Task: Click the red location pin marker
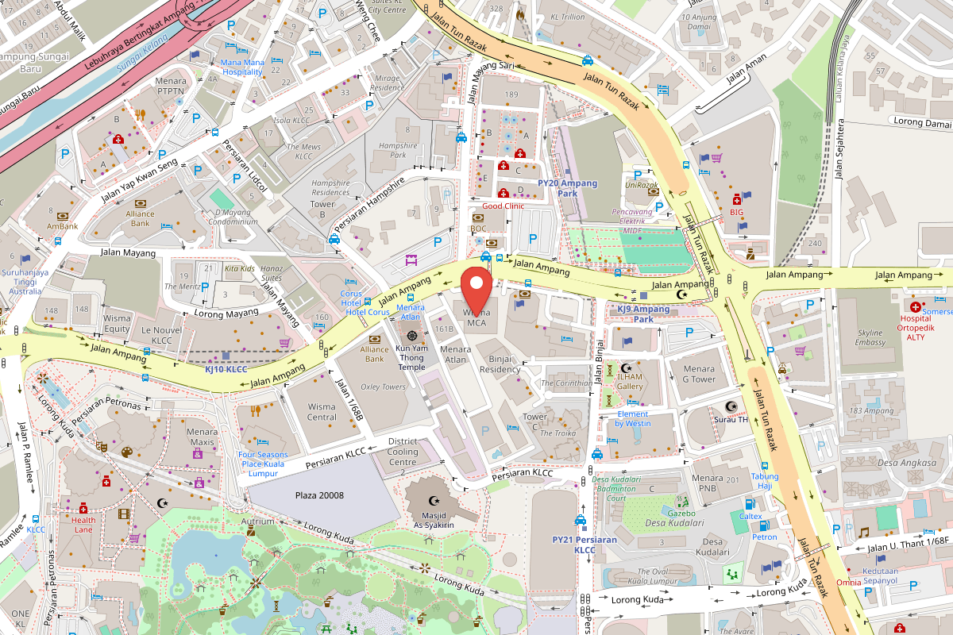476,290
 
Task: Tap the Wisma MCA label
476,317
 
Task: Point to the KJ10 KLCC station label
227,369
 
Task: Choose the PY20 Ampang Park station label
567,187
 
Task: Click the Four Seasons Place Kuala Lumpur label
261,464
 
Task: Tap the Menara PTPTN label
171,86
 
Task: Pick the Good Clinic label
503,206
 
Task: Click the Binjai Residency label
500,364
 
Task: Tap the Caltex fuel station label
750,516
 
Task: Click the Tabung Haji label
765,481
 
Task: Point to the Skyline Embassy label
870,337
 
